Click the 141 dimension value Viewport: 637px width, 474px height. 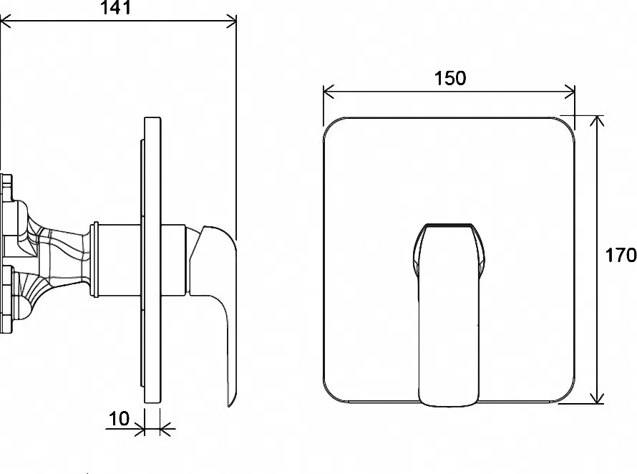(x=116, y=8)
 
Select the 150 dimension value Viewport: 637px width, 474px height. (x=449, y=78)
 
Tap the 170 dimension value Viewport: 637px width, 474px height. (x=621, y=256)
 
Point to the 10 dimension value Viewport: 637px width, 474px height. (x=119, y=418)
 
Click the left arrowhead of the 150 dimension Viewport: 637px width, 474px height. (x=329, y=92)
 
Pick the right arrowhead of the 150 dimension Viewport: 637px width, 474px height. (x=570, y=92)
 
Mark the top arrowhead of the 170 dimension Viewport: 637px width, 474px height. (x=597, y=121)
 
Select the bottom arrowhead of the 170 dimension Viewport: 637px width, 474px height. (x=597, y=398)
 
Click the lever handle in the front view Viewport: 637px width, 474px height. (x=449, y=315)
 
